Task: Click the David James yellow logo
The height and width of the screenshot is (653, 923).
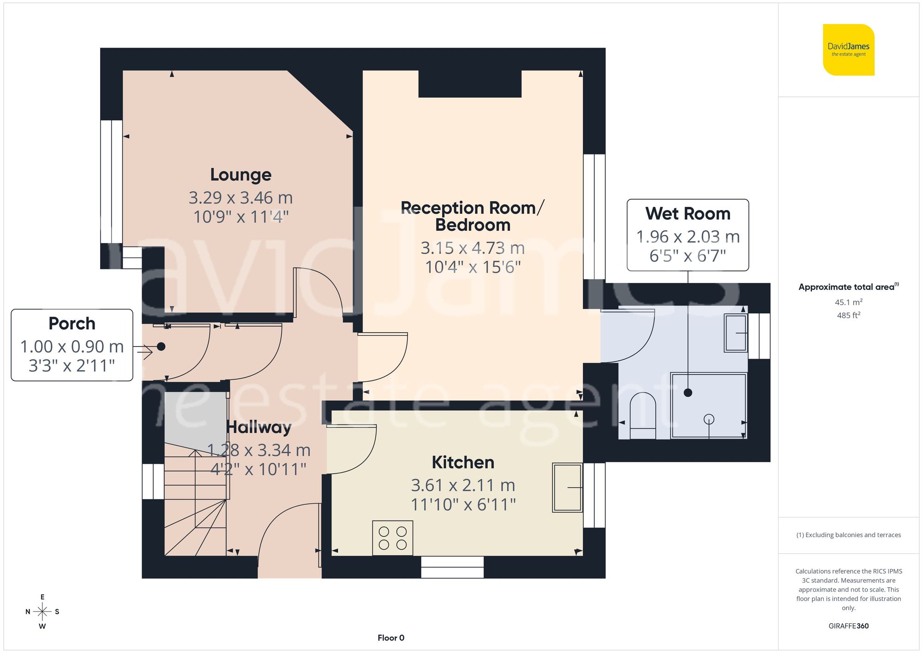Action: pos(848,50)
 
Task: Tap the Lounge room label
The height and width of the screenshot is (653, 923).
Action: pos(240,175)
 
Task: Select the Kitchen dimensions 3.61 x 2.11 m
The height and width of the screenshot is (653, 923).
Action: pos(463,485)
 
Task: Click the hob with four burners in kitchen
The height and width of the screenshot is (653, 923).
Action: pos(393,538)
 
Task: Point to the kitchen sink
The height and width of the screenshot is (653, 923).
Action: pos(567,488)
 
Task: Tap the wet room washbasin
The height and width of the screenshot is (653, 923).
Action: pos(736,333)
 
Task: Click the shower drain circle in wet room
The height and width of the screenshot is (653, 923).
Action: pos(709,419)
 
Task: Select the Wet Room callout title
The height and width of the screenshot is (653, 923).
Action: pos(688,214)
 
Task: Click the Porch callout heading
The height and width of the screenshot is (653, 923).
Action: pos(72,324)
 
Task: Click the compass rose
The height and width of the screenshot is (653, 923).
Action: pos(42,612)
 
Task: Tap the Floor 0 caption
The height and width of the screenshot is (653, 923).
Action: pos(391,638)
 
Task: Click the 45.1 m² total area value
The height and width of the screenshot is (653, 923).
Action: pos(848,302)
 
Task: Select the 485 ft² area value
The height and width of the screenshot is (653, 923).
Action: pos(848,315)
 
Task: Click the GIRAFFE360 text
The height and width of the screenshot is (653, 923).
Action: pos(848,626)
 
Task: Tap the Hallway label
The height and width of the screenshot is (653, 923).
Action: pos(259,427)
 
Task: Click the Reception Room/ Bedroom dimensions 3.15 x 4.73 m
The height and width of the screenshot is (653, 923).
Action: pos(473,248)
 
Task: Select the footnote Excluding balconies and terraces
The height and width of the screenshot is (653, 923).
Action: pos(848,535)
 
